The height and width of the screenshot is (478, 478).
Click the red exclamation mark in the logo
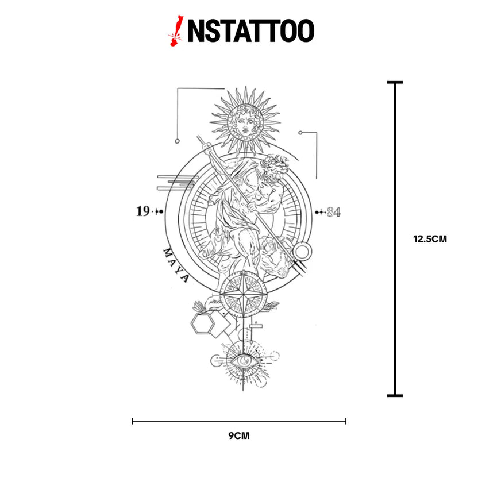(176, 31)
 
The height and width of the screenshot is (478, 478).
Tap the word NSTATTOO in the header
(250, 31)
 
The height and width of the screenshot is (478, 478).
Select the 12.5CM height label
(430, 239)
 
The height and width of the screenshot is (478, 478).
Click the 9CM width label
(239, 435)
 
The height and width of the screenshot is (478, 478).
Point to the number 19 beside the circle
(142, 211)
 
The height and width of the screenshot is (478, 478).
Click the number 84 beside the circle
(333, 212)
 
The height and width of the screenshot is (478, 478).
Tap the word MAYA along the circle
(176, 265)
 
